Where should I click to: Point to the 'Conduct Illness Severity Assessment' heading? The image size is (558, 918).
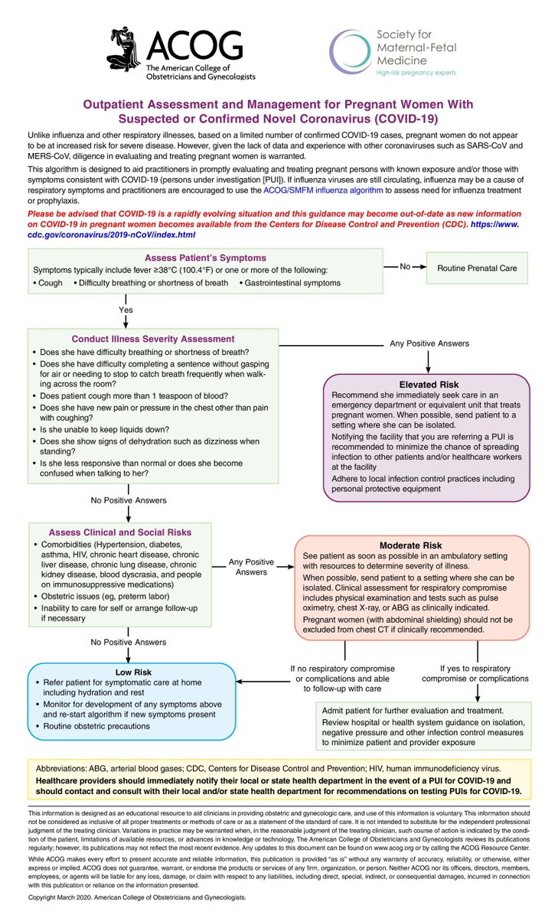tap(153, 339)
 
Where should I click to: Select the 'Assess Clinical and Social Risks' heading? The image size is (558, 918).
tap(120, 532)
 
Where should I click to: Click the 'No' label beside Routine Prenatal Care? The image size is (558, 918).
tap(406, 266)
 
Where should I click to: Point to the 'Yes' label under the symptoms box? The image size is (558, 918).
tap(126, 310)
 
